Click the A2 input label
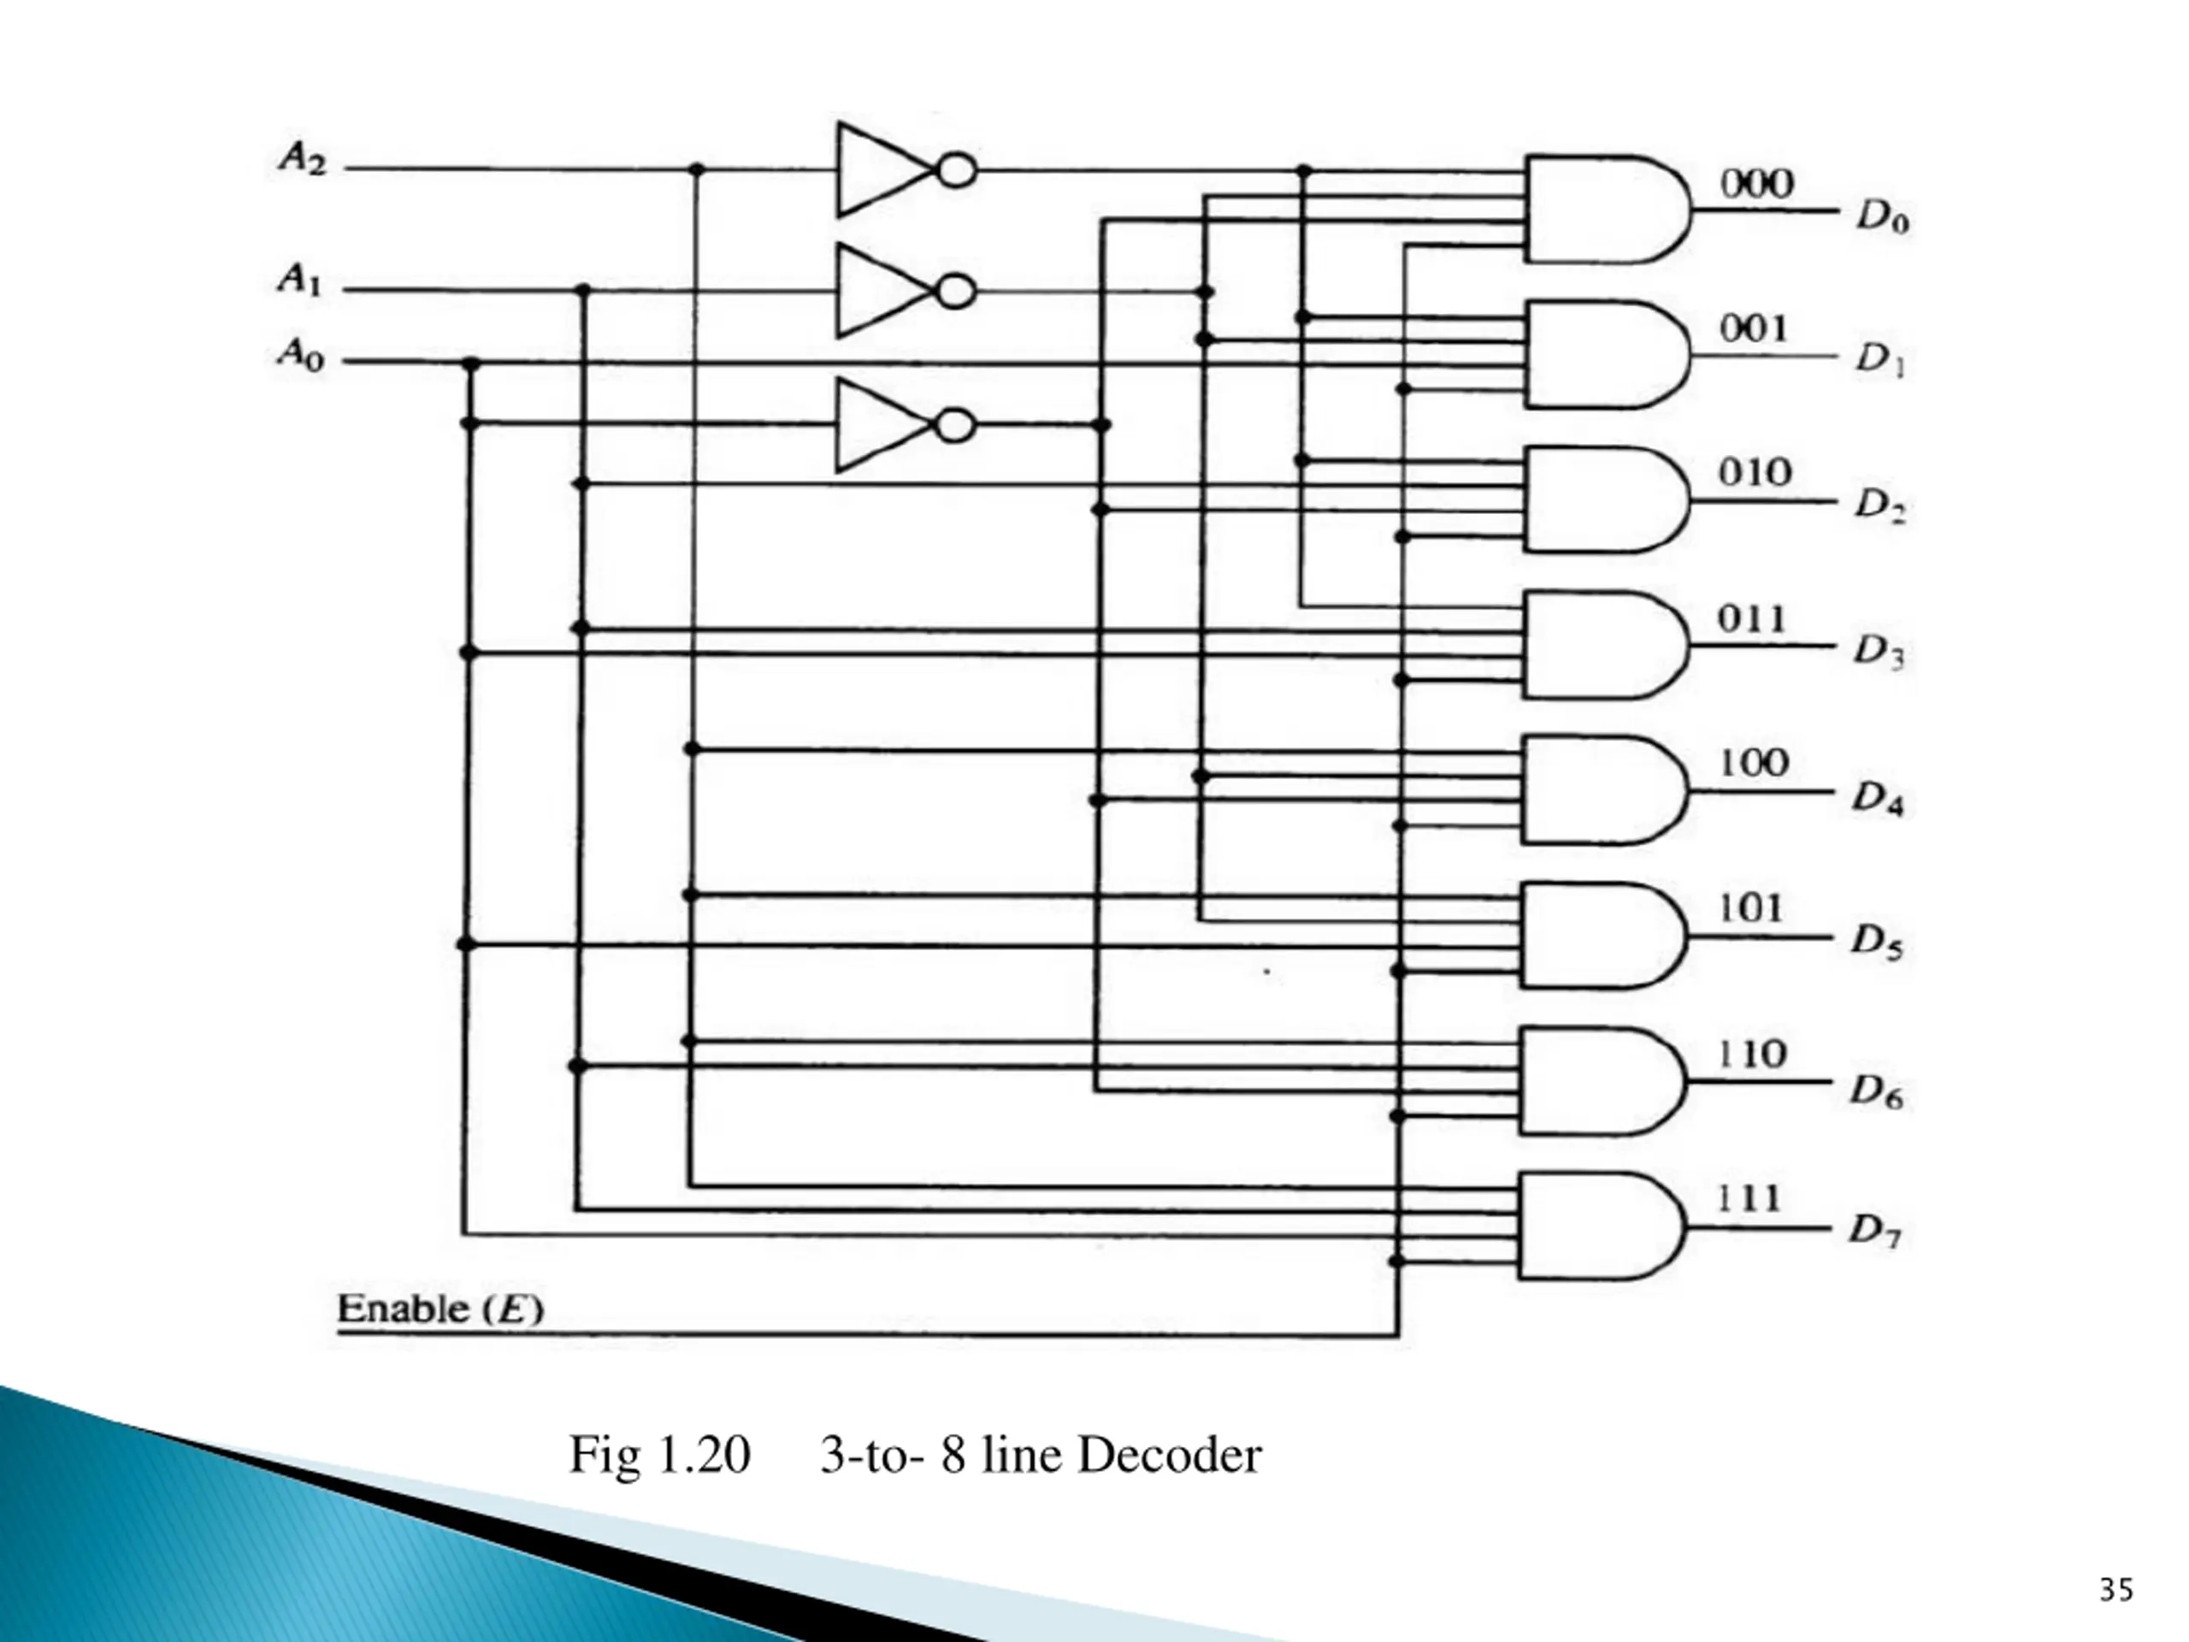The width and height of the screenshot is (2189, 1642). [302, 158]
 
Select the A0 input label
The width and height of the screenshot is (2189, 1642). [300, 353]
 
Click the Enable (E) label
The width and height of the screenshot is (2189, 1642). [440, 1308]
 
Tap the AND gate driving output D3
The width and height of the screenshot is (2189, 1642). [1603, 646]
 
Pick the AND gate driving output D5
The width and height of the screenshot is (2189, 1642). [1602, 936]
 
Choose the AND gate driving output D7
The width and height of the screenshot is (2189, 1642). [1599, 1226]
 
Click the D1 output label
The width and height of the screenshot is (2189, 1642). [1879, 360]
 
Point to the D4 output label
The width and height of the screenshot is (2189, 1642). [1877, 798]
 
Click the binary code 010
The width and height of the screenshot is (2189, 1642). [1755, 472]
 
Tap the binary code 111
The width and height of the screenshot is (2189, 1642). [1748, 1199]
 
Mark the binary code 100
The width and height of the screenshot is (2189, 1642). [1753, 763]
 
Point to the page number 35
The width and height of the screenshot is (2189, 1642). [2115, 1590]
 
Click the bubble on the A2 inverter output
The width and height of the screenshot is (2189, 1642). [956, 171]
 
